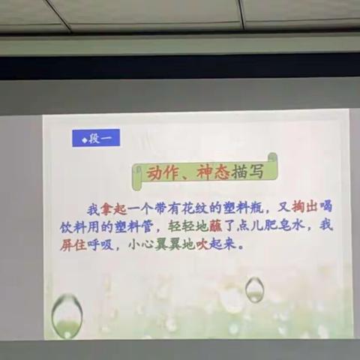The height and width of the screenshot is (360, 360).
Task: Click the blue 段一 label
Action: (x=96, y=138)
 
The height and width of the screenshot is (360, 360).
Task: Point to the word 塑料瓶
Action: (x=228, y=206)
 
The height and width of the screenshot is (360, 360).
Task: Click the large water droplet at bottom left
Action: (x=67, y=314)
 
